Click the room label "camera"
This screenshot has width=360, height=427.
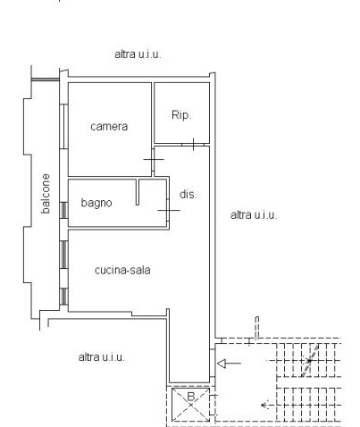[109, 127]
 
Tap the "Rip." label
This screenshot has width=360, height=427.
[181, 114]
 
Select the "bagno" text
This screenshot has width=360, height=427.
[96, 203]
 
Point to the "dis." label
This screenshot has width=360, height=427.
[188, 194]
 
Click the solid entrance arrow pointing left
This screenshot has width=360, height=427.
[229, 363]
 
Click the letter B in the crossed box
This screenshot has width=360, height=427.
[190, 397]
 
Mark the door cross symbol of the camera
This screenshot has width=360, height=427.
[155, 161]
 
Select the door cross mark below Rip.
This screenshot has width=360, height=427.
[193, 142]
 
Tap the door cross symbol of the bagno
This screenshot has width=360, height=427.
[169, 210]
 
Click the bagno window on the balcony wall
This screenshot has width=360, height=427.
[63, 211]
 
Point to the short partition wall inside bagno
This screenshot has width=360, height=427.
[138, 190]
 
